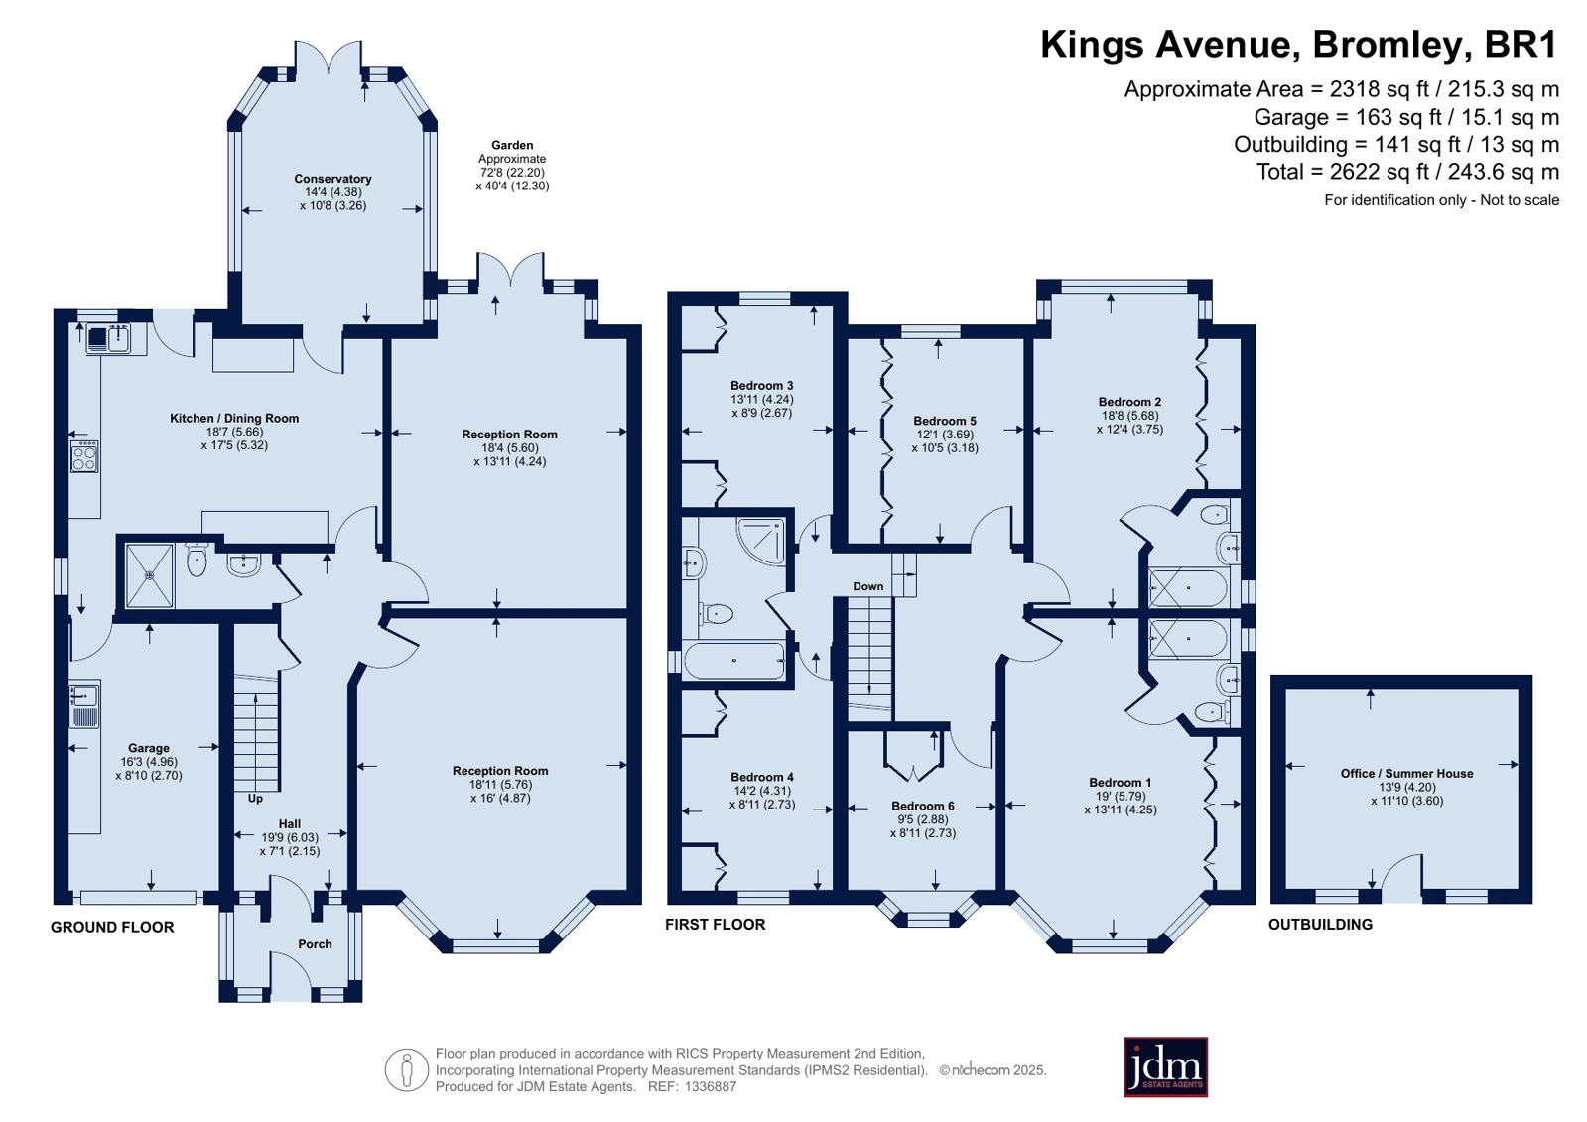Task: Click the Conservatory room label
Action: (333, 179)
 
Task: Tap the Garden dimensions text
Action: (512, 173)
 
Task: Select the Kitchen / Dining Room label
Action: (234, 418)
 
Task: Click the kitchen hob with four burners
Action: (84, 456)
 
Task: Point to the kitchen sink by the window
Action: (108, 338)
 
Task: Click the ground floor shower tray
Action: (150, 575)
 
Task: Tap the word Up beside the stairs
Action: (255, 799)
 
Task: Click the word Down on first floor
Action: (867, 586)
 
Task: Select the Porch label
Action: (315, 944)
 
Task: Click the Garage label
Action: (149, 748)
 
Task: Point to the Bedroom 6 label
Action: (922, 807)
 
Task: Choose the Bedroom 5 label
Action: (945, 421)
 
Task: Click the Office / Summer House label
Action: (1406, 774)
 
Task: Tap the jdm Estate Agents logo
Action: (1165, 1066)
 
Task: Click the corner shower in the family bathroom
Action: (761, 542)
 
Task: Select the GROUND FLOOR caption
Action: (112, 928)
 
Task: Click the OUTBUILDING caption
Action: (1320, 925)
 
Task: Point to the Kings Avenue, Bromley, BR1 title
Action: (1298, 45)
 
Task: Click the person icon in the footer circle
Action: (407, 1069)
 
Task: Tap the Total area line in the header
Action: (1407, 172)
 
